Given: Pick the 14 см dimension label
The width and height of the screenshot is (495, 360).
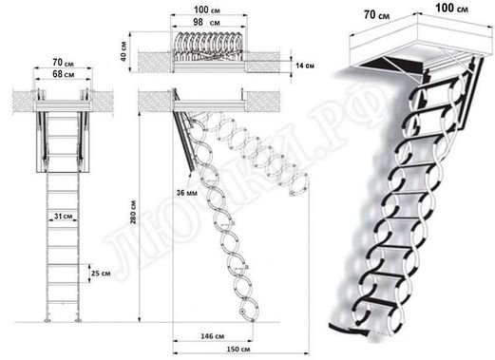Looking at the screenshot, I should point(303,65).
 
